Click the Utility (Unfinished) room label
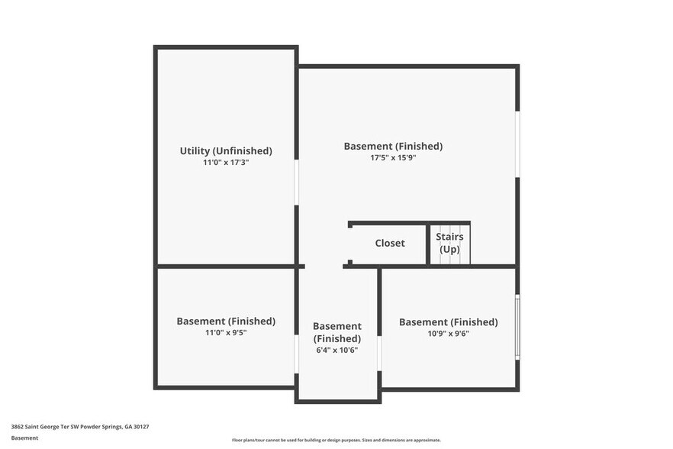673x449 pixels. tap(226, 150)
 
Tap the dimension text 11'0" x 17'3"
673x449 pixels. tap(226, 163)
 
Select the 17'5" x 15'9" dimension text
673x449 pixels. tap(393, 158)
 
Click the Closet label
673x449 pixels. tap(390, 243)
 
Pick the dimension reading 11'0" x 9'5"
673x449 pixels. tap(226, 333)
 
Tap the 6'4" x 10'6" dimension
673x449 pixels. tap(337, 350)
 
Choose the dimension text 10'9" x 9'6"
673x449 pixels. tap(448, 334)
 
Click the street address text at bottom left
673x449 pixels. tap(80, 427)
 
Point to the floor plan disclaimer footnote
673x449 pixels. tap(336, 440)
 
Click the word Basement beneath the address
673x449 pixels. tap(24, 438)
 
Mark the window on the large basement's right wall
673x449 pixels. tap(517, 145)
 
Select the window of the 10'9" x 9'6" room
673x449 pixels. tap(517, 327)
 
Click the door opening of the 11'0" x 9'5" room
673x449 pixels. tap(296, 354)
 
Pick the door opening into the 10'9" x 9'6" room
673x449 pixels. tap(379, 353)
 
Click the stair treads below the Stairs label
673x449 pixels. tap(449, 257)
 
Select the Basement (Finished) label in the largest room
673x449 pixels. tap(393, 146)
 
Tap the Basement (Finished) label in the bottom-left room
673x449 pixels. tap(226, 321)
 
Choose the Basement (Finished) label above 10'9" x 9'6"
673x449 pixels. tap(448, 321)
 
